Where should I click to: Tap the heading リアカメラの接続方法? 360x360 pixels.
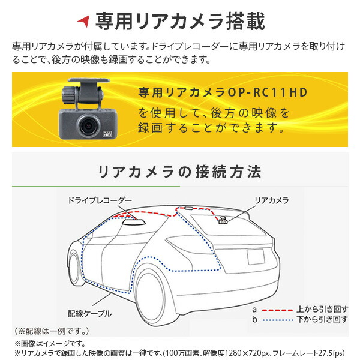coord(180,172)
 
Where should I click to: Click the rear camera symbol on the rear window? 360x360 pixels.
coord(222,220)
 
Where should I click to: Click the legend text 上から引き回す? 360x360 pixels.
coord(322,309)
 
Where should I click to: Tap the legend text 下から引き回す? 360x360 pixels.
coord(322,320)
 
